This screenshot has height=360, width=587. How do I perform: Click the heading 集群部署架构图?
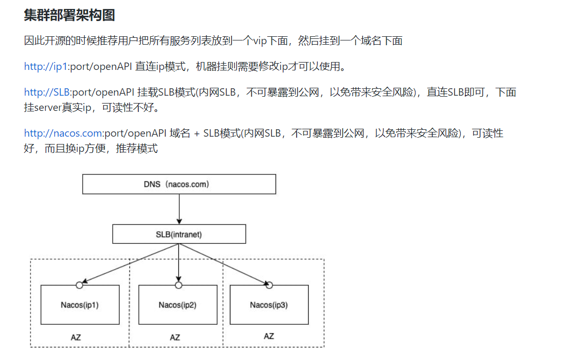(69, 15)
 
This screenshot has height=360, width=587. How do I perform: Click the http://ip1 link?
(46, 67)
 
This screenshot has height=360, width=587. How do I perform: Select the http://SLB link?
(47, 92)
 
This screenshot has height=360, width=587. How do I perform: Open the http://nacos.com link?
(63, 133)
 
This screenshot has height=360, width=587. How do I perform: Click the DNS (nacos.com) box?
(179, 184)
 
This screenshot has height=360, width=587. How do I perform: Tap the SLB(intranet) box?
(179, 234)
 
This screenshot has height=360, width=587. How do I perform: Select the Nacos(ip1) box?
(80, 305)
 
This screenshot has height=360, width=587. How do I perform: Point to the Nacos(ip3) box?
(269, 305)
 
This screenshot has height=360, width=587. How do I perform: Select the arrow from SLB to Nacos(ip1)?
(131, 264)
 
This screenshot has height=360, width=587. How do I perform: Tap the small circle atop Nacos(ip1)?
(79, 285)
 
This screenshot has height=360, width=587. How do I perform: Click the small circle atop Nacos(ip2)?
(178, 285)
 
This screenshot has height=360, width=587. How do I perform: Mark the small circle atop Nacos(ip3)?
(269, 285)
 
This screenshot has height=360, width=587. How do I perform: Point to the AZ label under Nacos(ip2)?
(175, 337)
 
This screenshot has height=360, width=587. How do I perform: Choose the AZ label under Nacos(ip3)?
(269, 336)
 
